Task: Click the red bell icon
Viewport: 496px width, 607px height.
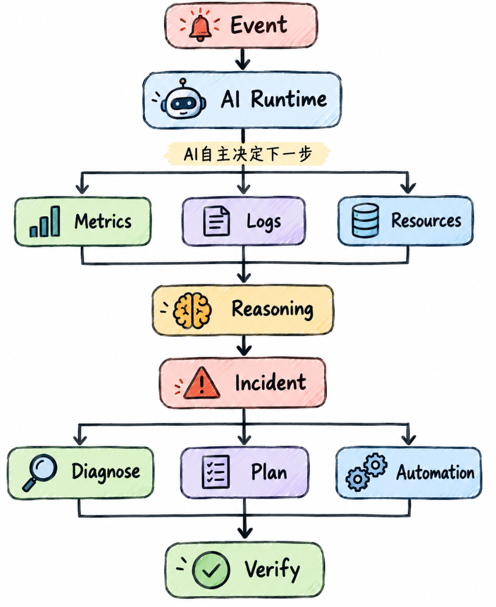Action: coord(200,26)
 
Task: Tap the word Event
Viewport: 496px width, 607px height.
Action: coord(259,26)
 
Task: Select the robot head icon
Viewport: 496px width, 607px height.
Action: coord(182,99)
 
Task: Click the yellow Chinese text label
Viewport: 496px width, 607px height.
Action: coord(247,154)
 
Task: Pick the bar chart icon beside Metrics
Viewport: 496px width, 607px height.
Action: coord(45,221)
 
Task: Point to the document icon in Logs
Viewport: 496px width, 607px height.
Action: coord(216,221)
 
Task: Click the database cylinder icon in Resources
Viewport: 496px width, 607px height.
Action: coord(365,220)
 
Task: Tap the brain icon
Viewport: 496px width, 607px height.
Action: coord(192,310)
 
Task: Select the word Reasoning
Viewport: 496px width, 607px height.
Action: coord(272,309)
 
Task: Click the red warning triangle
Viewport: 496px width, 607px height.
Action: coord(201,383)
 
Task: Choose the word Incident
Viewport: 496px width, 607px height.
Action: coord(271,383)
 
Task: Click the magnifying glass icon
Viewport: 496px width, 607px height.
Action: coord(40,472)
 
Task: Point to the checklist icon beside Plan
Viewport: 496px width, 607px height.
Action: coord(216,472)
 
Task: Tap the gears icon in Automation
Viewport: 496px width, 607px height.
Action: coord(366,472)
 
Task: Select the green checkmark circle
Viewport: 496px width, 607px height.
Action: coord(211,570)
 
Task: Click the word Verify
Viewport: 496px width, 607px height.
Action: coord(272,570)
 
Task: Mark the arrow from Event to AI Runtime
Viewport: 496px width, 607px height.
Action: coord(243,59)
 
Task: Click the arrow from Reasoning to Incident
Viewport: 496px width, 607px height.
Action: coord(244,346)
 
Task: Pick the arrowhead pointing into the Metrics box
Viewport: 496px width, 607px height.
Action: coord(82,188)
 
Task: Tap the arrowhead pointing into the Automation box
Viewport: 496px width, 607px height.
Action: coord(408,440)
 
